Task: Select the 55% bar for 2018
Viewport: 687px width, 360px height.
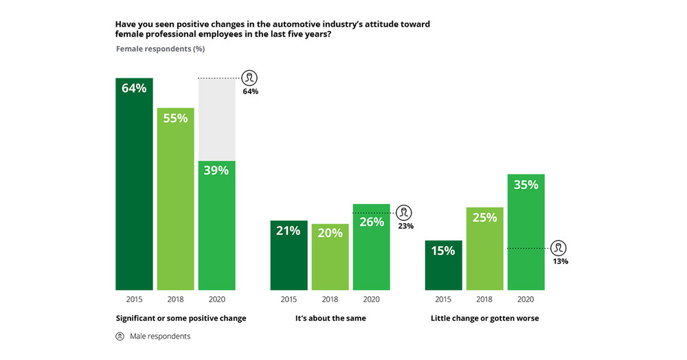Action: (175, 199)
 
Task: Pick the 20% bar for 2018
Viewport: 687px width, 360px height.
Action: (330, 257)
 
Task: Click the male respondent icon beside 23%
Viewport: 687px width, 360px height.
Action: (405, 212)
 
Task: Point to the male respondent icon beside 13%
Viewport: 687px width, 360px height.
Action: (560, 248)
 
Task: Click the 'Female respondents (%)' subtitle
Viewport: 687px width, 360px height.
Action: (160, 49)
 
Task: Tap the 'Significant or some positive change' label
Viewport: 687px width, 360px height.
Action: (181, 318)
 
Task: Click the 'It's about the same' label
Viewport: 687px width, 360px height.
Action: (330, 318)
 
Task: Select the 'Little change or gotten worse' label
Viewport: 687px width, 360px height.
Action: (484, 318)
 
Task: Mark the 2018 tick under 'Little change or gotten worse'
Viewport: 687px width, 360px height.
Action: (485, 300)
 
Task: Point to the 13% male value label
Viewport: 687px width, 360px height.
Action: (560, 261)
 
